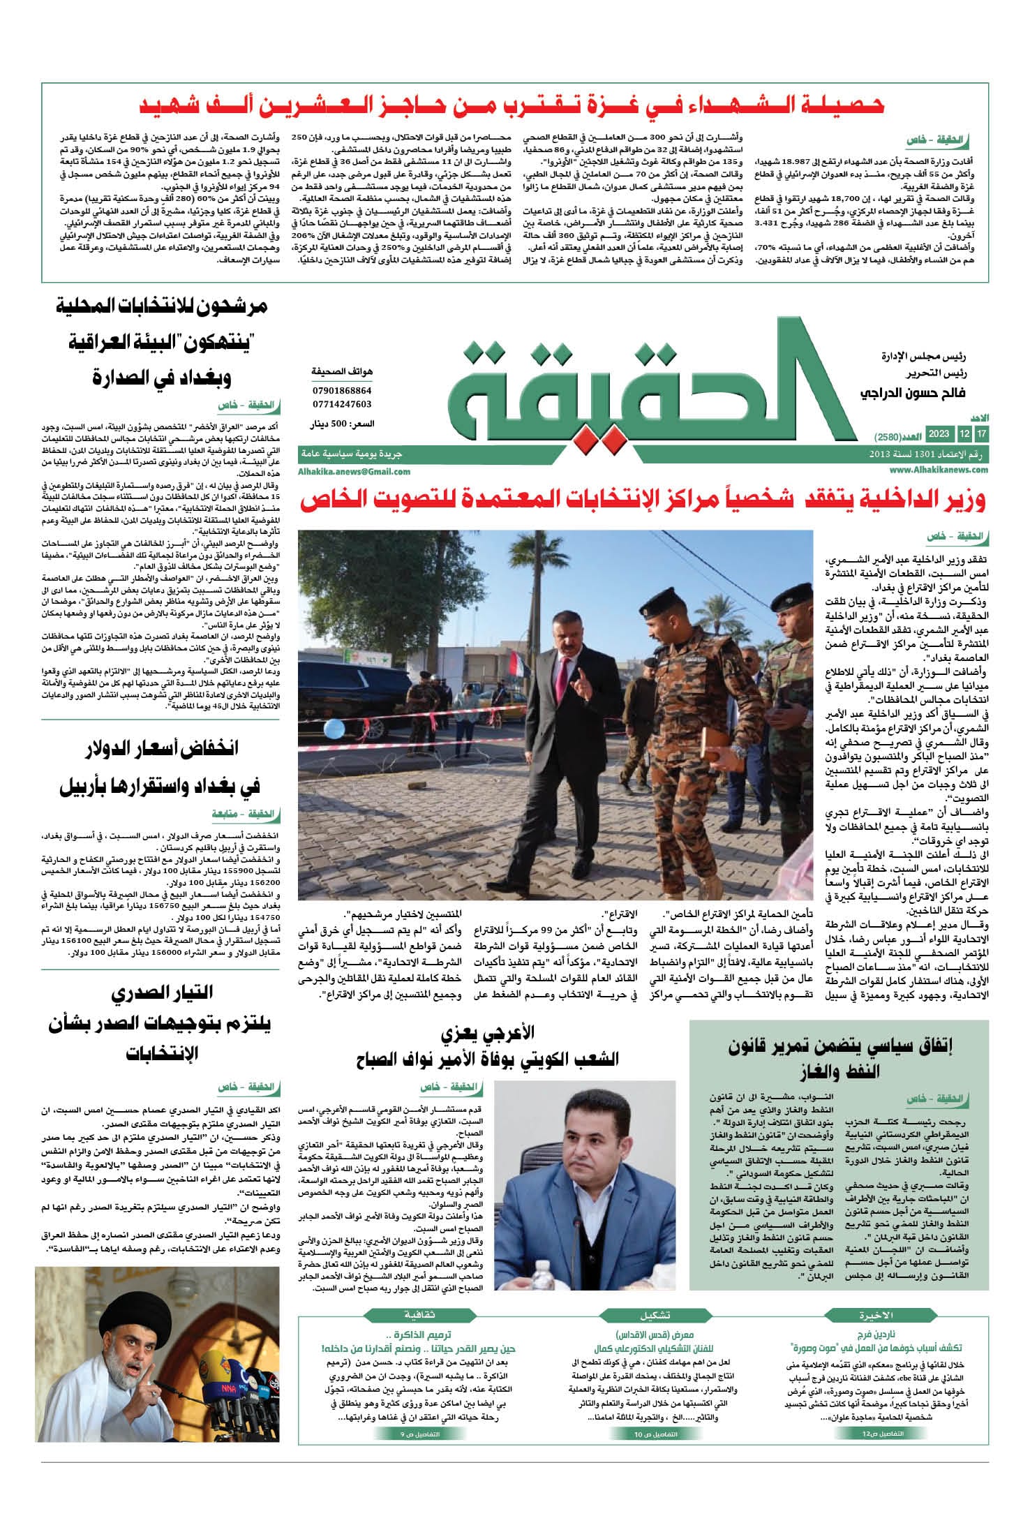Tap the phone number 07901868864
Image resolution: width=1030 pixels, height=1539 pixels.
point(342,390)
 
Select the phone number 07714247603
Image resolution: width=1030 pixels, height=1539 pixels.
point(342,404)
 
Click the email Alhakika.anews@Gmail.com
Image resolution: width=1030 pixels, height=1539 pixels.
point(344,472)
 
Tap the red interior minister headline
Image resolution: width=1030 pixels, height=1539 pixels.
point(643,500)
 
